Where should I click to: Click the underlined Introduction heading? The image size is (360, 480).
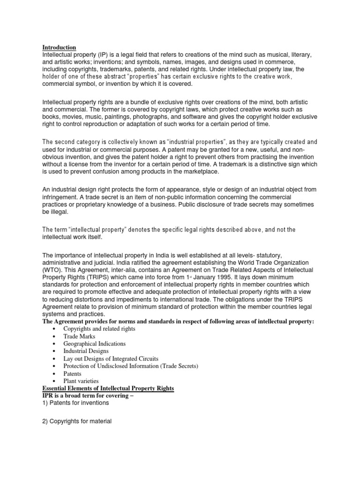(59, 47)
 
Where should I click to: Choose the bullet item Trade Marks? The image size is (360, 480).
(79, 336)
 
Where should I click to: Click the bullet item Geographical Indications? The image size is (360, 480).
(94, 344)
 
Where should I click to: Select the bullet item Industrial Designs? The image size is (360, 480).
(86, 351)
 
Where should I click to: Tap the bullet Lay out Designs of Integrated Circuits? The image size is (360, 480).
(111, 359)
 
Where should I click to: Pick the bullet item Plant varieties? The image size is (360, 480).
(81, 381)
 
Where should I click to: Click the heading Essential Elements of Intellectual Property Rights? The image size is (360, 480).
(108, 389)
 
